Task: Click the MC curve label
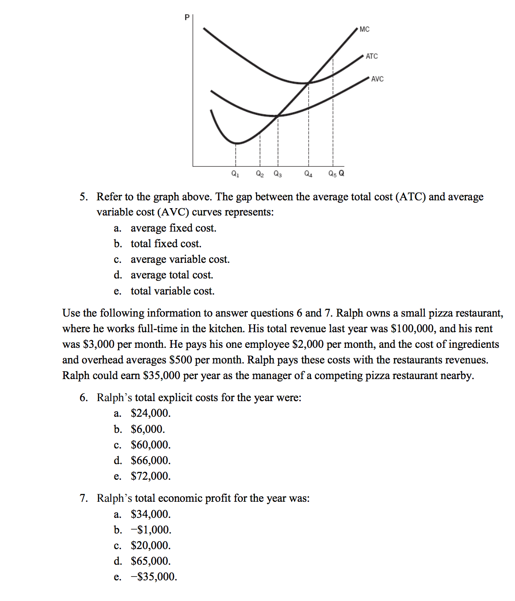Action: click(x=364, y=29)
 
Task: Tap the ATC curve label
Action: click(x=372, y=57)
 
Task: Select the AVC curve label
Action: click(x=377, y=79)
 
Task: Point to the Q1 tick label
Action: click(x=235, y=174)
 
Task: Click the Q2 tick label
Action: click(x=260, y=174)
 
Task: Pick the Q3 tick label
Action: click(x=278, y=174)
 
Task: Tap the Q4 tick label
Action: click(x=309, y=174)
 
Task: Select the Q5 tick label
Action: click(x=332, y=174)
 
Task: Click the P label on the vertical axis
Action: click(x=187, y=17)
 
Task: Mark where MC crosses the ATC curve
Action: click(x=309, y=83)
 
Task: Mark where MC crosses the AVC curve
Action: click(x=278, y=115)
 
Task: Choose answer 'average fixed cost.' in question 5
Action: click(x=173, y=228)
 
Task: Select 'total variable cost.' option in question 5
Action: click(x=172, y=291)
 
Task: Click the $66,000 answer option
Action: click(x=150, y=460)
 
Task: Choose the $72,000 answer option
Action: click(x=150, y=476)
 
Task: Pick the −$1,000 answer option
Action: click(x=151, y=530)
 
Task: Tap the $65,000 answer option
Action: click(x=150, y=561)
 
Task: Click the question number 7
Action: click(x=83, y=499)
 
